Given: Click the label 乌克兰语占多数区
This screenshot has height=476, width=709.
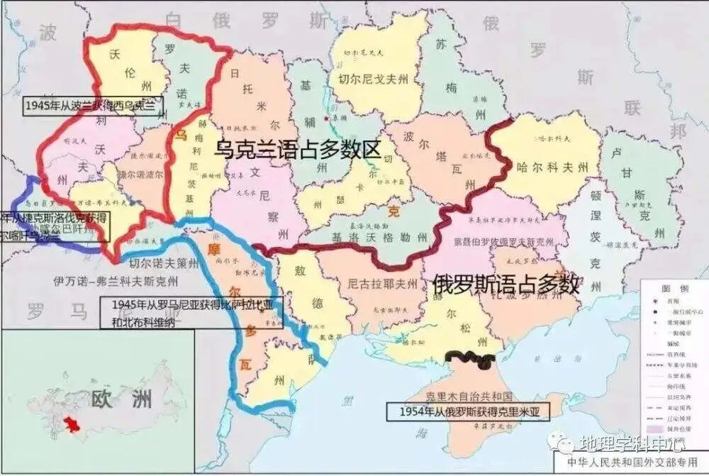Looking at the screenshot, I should point(298,149).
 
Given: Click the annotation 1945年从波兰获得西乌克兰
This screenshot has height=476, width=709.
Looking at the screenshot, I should point(91,106).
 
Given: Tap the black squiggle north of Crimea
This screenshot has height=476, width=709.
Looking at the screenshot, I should point(469,359).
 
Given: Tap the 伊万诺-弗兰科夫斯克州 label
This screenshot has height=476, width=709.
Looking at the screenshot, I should point(110,281).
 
